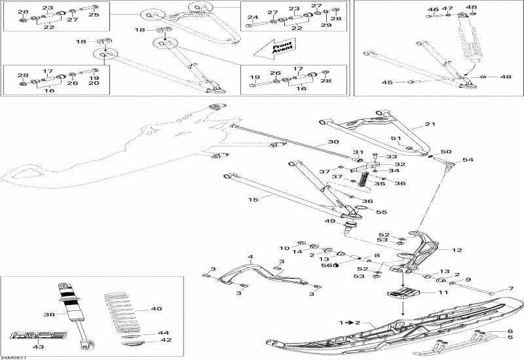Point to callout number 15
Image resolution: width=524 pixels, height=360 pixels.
(x=254, y=198)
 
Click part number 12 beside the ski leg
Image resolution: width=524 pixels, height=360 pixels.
(x=457, y=250)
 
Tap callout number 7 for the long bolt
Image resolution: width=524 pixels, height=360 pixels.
(x=510, y=289)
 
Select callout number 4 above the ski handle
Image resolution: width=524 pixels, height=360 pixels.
(x=250, y=257)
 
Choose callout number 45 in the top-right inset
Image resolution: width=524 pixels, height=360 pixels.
(x=386, y=82)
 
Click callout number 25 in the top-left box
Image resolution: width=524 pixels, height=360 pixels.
(x=94, y=14)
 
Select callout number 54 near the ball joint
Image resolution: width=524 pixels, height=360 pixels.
(x=468, y=160)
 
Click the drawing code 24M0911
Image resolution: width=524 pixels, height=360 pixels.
(x=14, y=357)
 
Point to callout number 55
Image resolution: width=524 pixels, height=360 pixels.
(x=382, y=212)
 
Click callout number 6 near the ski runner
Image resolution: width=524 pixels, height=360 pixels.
(x=510, y=331)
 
